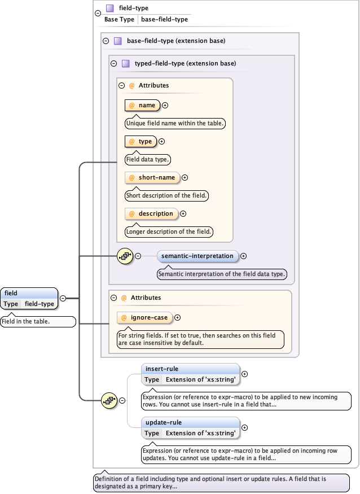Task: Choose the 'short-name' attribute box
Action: click(x=152, y=177)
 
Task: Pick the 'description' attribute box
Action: click(x=151, y=213)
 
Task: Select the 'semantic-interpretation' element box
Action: click(x=197, y=256)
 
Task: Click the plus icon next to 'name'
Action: click(x=165, y=105)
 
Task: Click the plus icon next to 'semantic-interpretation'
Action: click(x=244, y=256)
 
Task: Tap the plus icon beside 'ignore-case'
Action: click(x=178, y=318)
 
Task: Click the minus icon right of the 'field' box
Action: click(x=63, y=298)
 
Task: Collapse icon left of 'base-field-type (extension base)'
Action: click(x=106, y=41)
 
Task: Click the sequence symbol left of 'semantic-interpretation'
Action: click(x=125, y=256)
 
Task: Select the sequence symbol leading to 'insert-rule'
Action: click(x=109, y=400)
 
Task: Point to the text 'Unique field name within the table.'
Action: click(x=175, y=123)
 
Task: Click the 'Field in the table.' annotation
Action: click(x=37, y=322)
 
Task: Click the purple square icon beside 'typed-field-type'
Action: click(x=126, y=63)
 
